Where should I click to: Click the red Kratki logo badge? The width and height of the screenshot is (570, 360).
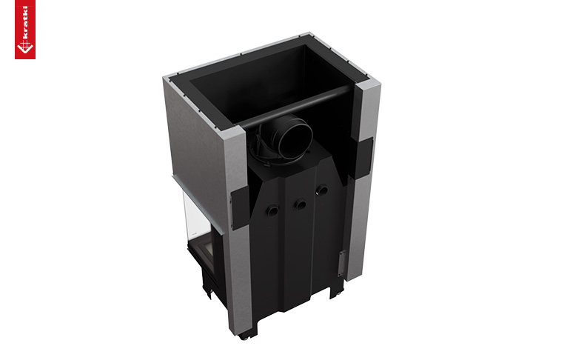pos(25,29)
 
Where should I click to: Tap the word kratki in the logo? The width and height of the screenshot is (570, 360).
pos(25,21)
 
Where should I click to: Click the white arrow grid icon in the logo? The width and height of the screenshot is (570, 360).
pos(24,47)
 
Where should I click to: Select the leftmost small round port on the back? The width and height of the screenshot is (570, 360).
pos(272,210)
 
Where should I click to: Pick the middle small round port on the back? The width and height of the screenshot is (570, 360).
pos(301,204)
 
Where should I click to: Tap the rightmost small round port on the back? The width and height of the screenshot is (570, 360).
pos(322,190)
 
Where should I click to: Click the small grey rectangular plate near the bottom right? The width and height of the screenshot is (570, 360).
pos(341,264)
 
